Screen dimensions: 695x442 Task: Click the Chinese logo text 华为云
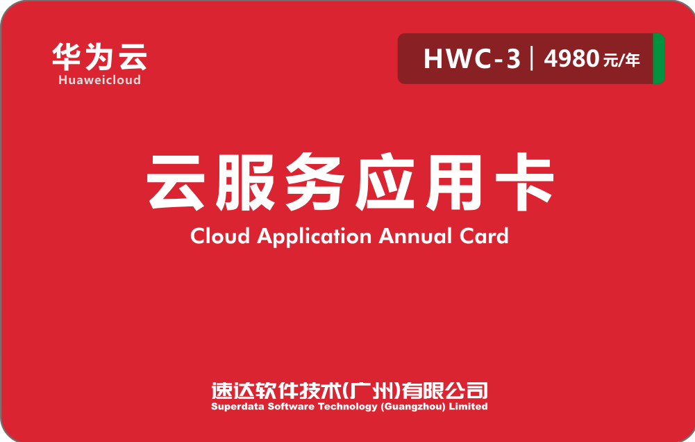99,57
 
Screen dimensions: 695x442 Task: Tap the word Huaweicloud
100,80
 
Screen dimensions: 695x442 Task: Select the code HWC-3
471,58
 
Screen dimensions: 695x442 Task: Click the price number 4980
572,58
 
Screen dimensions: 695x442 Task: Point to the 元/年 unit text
621,60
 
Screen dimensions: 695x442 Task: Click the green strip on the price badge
659,58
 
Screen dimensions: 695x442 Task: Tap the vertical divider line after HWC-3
532,58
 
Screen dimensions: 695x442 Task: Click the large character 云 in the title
176,182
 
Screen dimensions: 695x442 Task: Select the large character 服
245,182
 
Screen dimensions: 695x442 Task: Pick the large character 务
315,182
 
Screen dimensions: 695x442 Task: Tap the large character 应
385,182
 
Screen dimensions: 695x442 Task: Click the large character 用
453,182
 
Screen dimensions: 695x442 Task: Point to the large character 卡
525,182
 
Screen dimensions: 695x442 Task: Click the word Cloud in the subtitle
220,236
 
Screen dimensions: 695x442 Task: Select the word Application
315,237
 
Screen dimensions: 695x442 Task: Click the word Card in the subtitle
484,236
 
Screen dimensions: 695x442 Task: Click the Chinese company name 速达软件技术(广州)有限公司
349,391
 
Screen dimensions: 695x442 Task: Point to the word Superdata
237,407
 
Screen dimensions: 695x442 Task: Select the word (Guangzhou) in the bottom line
413,407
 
